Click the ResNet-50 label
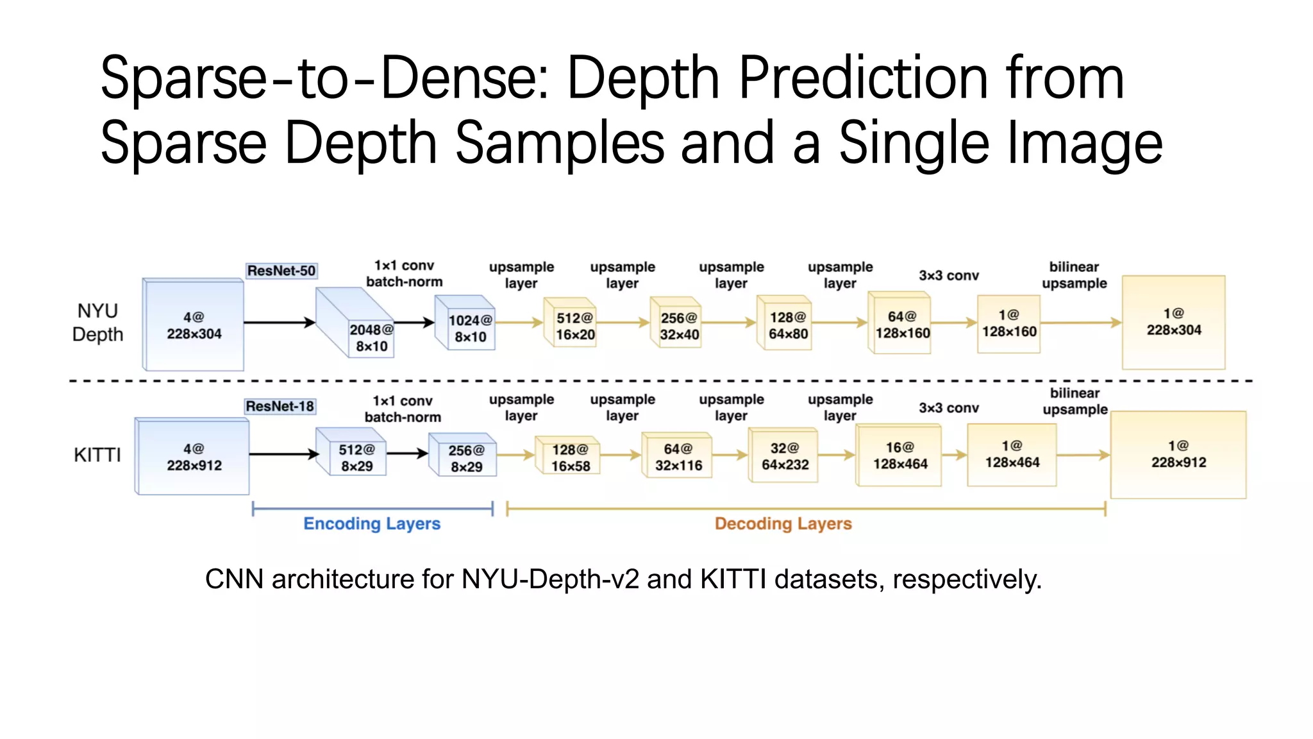pyautogui.click(x=281, y=271)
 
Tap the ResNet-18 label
pyautogui.click(x=280, y=406)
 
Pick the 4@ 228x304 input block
pyautogui.click(x=194, y=325)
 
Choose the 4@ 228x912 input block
pyautogui.click(x=194, y=457)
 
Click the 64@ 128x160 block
pyautogui.click(x=901, y=325)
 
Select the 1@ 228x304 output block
pyautogui.click(x=1173, y=322)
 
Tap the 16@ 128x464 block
pyautogui.click(x=899, y=455)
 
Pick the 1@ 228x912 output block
pyautogui.click(x=1178, y=454)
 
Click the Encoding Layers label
pyautogui.click(x=372, y=523)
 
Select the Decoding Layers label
pyautogui.click(x=783, y=523)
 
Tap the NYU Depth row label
pyautogui.click(x=97, y=323)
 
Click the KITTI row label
pyautogui.click(x=97, y=455)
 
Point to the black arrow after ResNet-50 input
pyautogui.click(x=280, y=322)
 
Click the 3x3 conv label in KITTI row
pyautogui.click(x=948, y=408)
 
